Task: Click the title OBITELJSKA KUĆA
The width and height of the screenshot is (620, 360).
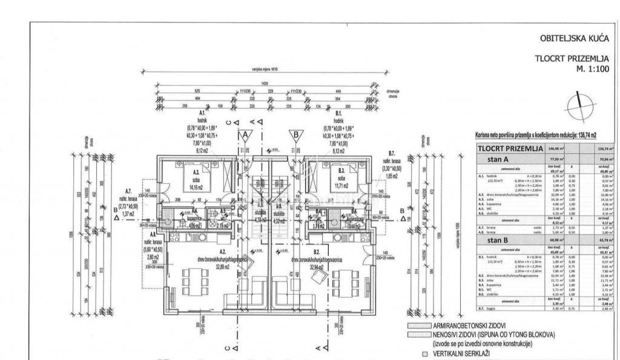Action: [x=574, y=38]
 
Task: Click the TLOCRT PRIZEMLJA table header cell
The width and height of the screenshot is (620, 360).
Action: [x=509, y=148]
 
